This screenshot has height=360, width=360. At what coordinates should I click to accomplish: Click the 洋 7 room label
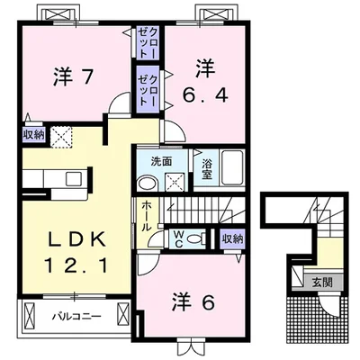pyautogui.click(x=73, y=76)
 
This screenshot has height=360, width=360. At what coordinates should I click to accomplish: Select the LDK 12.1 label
pyautogui.click(x=76, y=253)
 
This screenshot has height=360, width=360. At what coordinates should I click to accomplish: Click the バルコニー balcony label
pyautogui.click(x=77, y=316)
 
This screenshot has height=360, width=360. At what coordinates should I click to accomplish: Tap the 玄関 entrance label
pyautogui.click(x=322, y=283)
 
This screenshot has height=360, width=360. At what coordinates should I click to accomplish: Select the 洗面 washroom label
pyautogui.click(x=161, y=162)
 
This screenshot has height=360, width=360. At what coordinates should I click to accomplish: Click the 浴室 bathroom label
pyautogui.click(x=207, y=169)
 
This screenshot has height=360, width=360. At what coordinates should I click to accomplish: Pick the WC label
pyautogui.click(x=178, y=238)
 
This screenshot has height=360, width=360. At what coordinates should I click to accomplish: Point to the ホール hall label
pyautogui.click(x=146, y=216)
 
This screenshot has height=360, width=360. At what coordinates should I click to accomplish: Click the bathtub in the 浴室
pyautogui.click(x=232, y=166)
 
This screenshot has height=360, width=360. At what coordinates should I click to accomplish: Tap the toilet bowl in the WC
pyautogui.click(x=196, y=238)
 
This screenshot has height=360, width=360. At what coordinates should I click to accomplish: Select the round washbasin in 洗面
pyautogui.click(x=147, y=183)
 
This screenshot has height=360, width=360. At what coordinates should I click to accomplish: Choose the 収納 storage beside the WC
pyautogui.click(x=232, y=239)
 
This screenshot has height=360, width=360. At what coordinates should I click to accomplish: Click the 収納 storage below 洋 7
pyautogui.click(x=33, y=135)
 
